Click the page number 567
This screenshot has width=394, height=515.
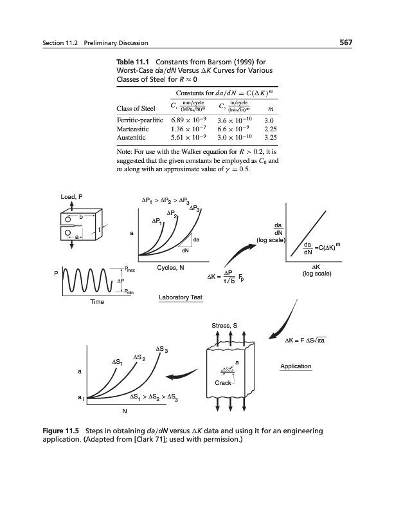point(347,43)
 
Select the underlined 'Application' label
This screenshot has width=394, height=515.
point(296,366)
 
